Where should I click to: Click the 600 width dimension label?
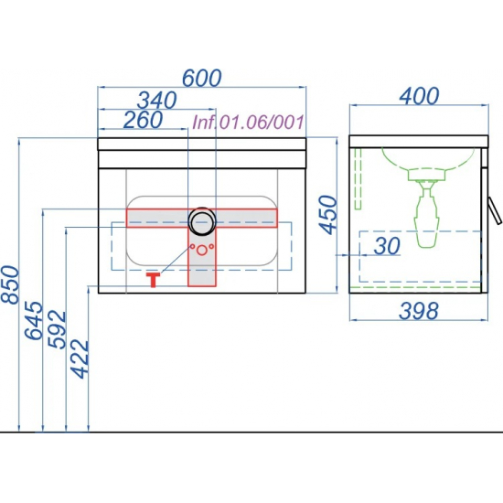coord(202,78)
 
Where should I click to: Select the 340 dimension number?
coord(157,100)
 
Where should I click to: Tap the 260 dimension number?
coord(143,120)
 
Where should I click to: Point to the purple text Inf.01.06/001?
coord(248,123)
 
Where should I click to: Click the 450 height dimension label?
coord(328,215)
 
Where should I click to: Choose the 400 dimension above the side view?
coord(419,96)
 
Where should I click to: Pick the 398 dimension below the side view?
coord(418,311)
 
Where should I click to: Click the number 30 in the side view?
coord(387,246)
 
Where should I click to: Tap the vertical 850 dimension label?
coord(10,284)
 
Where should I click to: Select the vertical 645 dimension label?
coord(34,320)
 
